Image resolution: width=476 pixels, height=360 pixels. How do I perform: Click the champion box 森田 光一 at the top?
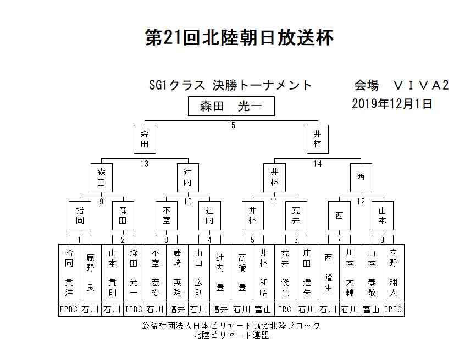pyautogui.click(x=231, y=106)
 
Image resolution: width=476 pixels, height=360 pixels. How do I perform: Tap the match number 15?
pyautogui.click(x=231, y=125)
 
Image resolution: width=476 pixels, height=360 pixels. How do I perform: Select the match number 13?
pyautogui.click(x=145, y=164)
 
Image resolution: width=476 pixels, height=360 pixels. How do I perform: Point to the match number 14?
pyautogui.click(x=318, y=164)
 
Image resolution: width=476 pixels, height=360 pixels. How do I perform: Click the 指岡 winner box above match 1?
pyautogui.click(x=80, y=216)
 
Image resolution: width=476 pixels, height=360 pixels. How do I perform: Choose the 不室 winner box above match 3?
pyautogui.click(x=167, y=216)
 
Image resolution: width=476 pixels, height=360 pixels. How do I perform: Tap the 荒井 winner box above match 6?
pyautogui.click(x=296, y=216)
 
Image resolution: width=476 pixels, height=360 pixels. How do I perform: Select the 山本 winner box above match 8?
pyautogui.click(x=383, y=216)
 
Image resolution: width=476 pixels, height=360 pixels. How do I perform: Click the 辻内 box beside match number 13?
pyautogui.click(x=188, y=178)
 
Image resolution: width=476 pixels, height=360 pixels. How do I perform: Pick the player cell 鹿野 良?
pyautogui.click(x=91, y=273)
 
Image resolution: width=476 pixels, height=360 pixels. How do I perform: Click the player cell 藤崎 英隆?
pyautogui.click(x=178, y=273)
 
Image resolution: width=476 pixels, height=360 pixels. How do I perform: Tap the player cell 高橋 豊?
pyautogui.click(x=242, y=273)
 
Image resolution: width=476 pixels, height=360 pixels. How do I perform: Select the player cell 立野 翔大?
pyautogui.click(x=394, y=273)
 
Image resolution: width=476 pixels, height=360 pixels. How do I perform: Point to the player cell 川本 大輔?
pyautogui.click(x=350, y=273)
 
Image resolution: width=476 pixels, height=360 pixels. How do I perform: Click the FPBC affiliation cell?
pyautogui.click(x=69, y=309)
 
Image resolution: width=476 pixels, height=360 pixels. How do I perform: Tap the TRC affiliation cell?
pyautogui.click(x=285, y=309)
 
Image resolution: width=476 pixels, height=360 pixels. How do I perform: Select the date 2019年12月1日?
pyautogui.click(x=392, y=104)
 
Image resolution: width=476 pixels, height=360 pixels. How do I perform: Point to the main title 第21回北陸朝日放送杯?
pyautogui.click(x=239, y=38)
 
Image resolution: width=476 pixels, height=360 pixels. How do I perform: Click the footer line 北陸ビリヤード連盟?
pyautogui.click(x=231, y=335)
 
